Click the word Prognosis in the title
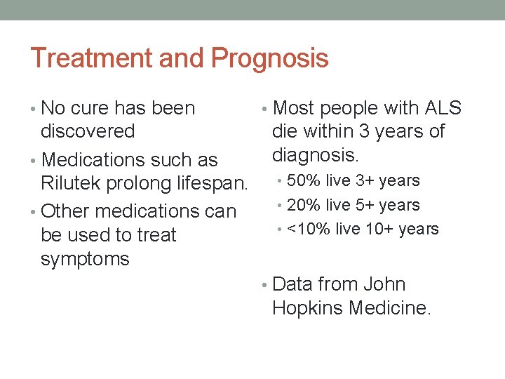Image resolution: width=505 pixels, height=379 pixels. coord(269,59)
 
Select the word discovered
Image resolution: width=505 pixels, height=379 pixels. coord(88,131)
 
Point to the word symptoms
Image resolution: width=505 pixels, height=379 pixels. coord(85,259)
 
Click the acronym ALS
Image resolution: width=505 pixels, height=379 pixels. coord(443,108)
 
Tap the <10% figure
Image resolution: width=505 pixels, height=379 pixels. coord(307,230)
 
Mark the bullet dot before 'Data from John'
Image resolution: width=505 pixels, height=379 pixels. coord(264,285)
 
